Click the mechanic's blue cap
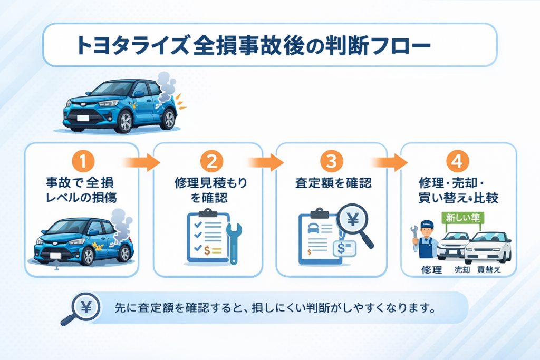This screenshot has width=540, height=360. coord(427,224)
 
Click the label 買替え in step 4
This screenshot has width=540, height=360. coord(488,269)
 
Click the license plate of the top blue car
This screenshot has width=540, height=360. coord(83,118)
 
